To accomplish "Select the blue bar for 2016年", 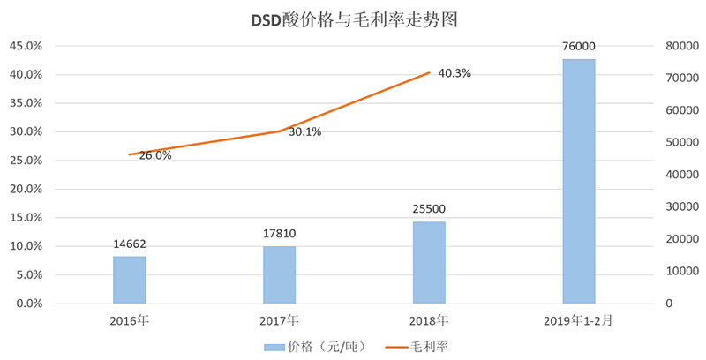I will pyautogui.click(x=129, y=280).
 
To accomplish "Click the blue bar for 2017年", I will pyautogui.click(x=279, y=274).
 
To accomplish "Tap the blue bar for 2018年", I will pyautogui.click(x=429, y=262).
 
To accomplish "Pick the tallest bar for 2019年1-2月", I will pyautogui.click(x=579, y=181).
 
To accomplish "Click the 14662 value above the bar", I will pyautogui.click(x=129, y=244).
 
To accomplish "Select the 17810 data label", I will pyautogui.click(x=279, y=234).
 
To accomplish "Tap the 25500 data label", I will pyautogui.click(x=429, y=209).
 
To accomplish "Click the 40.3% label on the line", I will pyautogui.click(x=454, y=73).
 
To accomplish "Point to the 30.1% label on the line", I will pyautogui.click(x=304, y=132).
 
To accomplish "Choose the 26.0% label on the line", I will pyautogui.click(x=155, y=155).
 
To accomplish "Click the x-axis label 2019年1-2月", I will pyautogui.click(x=579, y=319).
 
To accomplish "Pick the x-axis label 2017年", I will pyautogui.click(x=279, y=319).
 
